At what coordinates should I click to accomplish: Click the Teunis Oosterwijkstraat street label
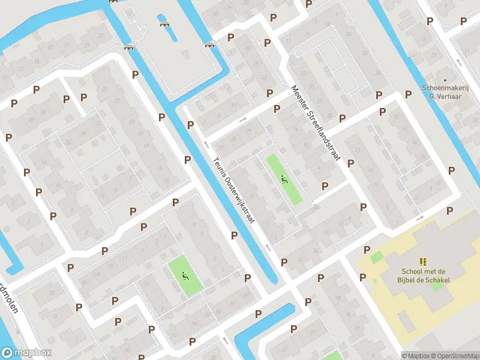pos(235,191)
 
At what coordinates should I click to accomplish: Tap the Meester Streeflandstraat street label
pos(315,122)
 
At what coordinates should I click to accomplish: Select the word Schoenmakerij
pos(445,87)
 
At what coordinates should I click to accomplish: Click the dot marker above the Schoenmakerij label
pos(445,79)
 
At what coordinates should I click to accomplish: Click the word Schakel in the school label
pos(437,280)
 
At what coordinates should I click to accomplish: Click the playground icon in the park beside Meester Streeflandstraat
pos(284,178)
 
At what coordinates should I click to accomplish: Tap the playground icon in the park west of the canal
pos(185,276)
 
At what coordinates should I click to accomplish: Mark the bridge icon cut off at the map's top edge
pos(112,1)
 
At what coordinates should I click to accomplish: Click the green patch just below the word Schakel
pos(436,286)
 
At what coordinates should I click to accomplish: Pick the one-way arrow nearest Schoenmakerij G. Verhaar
pos(458,62)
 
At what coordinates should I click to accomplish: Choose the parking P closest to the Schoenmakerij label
pos(409,94)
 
